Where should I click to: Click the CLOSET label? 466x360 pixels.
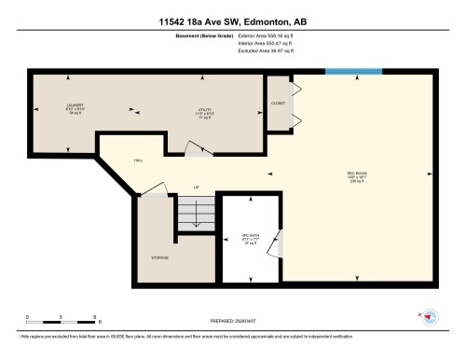(x=278, y=103)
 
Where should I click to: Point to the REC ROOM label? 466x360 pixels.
(x=355, y=175)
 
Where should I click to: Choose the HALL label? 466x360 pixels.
(x=138, y=160)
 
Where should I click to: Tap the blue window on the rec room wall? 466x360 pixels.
(x=353, y=71)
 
